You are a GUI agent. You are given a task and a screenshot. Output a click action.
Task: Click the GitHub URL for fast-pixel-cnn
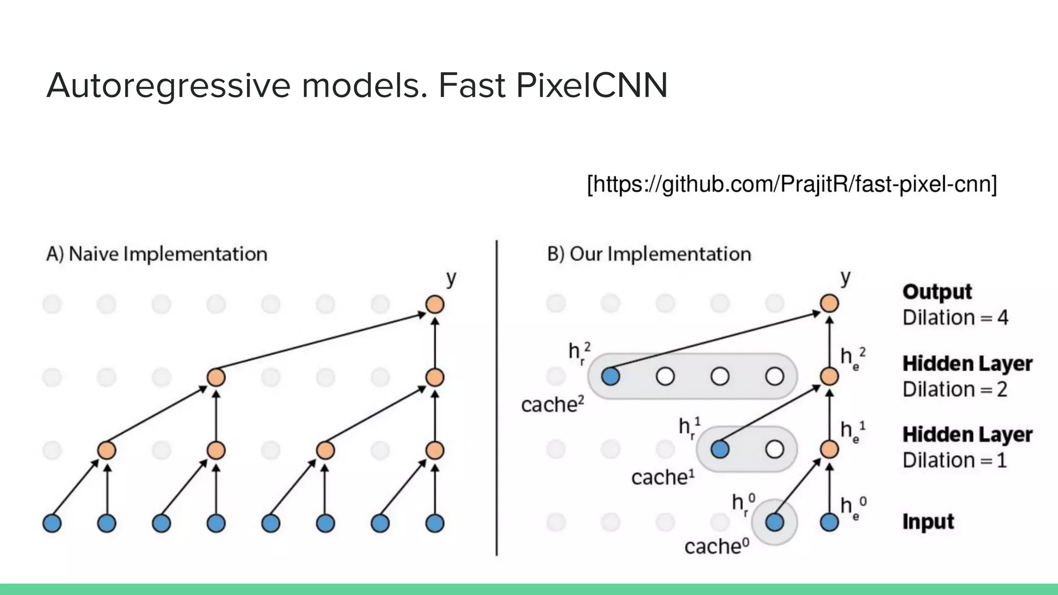point(792,184)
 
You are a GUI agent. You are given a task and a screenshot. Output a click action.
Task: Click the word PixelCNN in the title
point(592,85)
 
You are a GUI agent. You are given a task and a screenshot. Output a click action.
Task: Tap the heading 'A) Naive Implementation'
point(157,254)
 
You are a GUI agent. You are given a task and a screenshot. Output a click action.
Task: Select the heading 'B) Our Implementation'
point(649,254)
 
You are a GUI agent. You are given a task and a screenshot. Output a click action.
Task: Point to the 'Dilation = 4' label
point(955,317)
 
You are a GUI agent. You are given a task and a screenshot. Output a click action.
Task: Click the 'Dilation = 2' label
point(955,389)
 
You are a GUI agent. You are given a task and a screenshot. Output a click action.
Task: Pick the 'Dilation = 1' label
point(955,460)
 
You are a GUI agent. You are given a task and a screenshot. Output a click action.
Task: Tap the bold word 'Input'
point(928,522)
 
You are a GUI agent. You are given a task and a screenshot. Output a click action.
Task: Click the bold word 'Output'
point(937,292)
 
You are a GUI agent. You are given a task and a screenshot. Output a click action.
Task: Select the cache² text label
point(552,404)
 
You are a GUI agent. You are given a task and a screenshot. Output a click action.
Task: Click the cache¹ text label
point(663,477)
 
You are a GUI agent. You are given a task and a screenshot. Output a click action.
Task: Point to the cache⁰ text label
point(717,546)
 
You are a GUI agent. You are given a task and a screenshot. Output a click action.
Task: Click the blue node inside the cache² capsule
point(611,377)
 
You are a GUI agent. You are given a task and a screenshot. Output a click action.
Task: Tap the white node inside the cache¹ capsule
point(774,449)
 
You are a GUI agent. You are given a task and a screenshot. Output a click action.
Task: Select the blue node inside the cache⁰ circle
point(774,522)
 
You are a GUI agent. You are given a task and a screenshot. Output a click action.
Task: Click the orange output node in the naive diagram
point(435,304)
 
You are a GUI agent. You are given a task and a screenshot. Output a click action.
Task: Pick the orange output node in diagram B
point(829,304)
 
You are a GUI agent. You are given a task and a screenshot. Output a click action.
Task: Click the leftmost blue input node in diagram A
point(52,523)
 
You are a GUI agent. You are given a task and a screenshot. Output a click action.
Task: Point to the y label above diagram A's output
point(451,279)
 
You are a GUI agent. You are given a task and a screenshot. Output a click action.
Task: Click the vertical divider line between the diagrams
point(496,398)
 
